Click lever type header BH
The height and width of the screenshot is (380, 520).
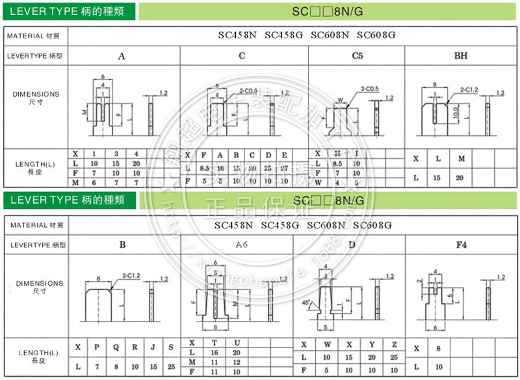[461, 56]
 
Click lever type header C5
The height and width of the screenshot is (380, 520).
[357, 56]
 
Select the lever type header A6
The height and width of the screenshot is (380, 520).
[241, 245]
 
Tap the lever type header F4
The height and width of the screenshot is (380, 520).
[461, 245]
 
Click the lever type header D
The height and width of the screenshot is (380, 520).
[352, 245]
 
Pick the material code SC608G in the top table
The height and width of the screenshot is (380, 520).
[376, 35]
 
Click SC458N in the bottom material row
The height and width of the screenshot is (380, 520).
[235, 226]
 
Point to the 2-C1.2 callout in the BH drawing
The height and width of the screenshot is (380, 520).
[469, 88]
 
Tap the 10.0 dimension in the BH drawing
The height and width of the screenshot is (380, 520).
[455, 112]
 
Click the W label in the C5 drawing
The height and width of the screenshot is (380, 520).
[340, 100]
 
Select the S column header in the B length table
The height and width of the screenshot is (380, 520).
[170, 347]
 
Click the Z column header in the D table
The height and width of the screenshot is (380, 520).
[394, 345]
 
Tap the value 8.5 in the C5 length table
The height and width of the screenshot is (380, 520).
[337, 164]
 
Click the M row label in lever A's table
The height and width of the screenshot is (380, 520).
[75, 182]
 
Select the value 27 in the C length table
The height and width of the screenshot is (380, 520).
[283, 168]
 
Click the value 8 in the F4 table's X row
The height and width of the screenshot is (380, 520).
[438, 349]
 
